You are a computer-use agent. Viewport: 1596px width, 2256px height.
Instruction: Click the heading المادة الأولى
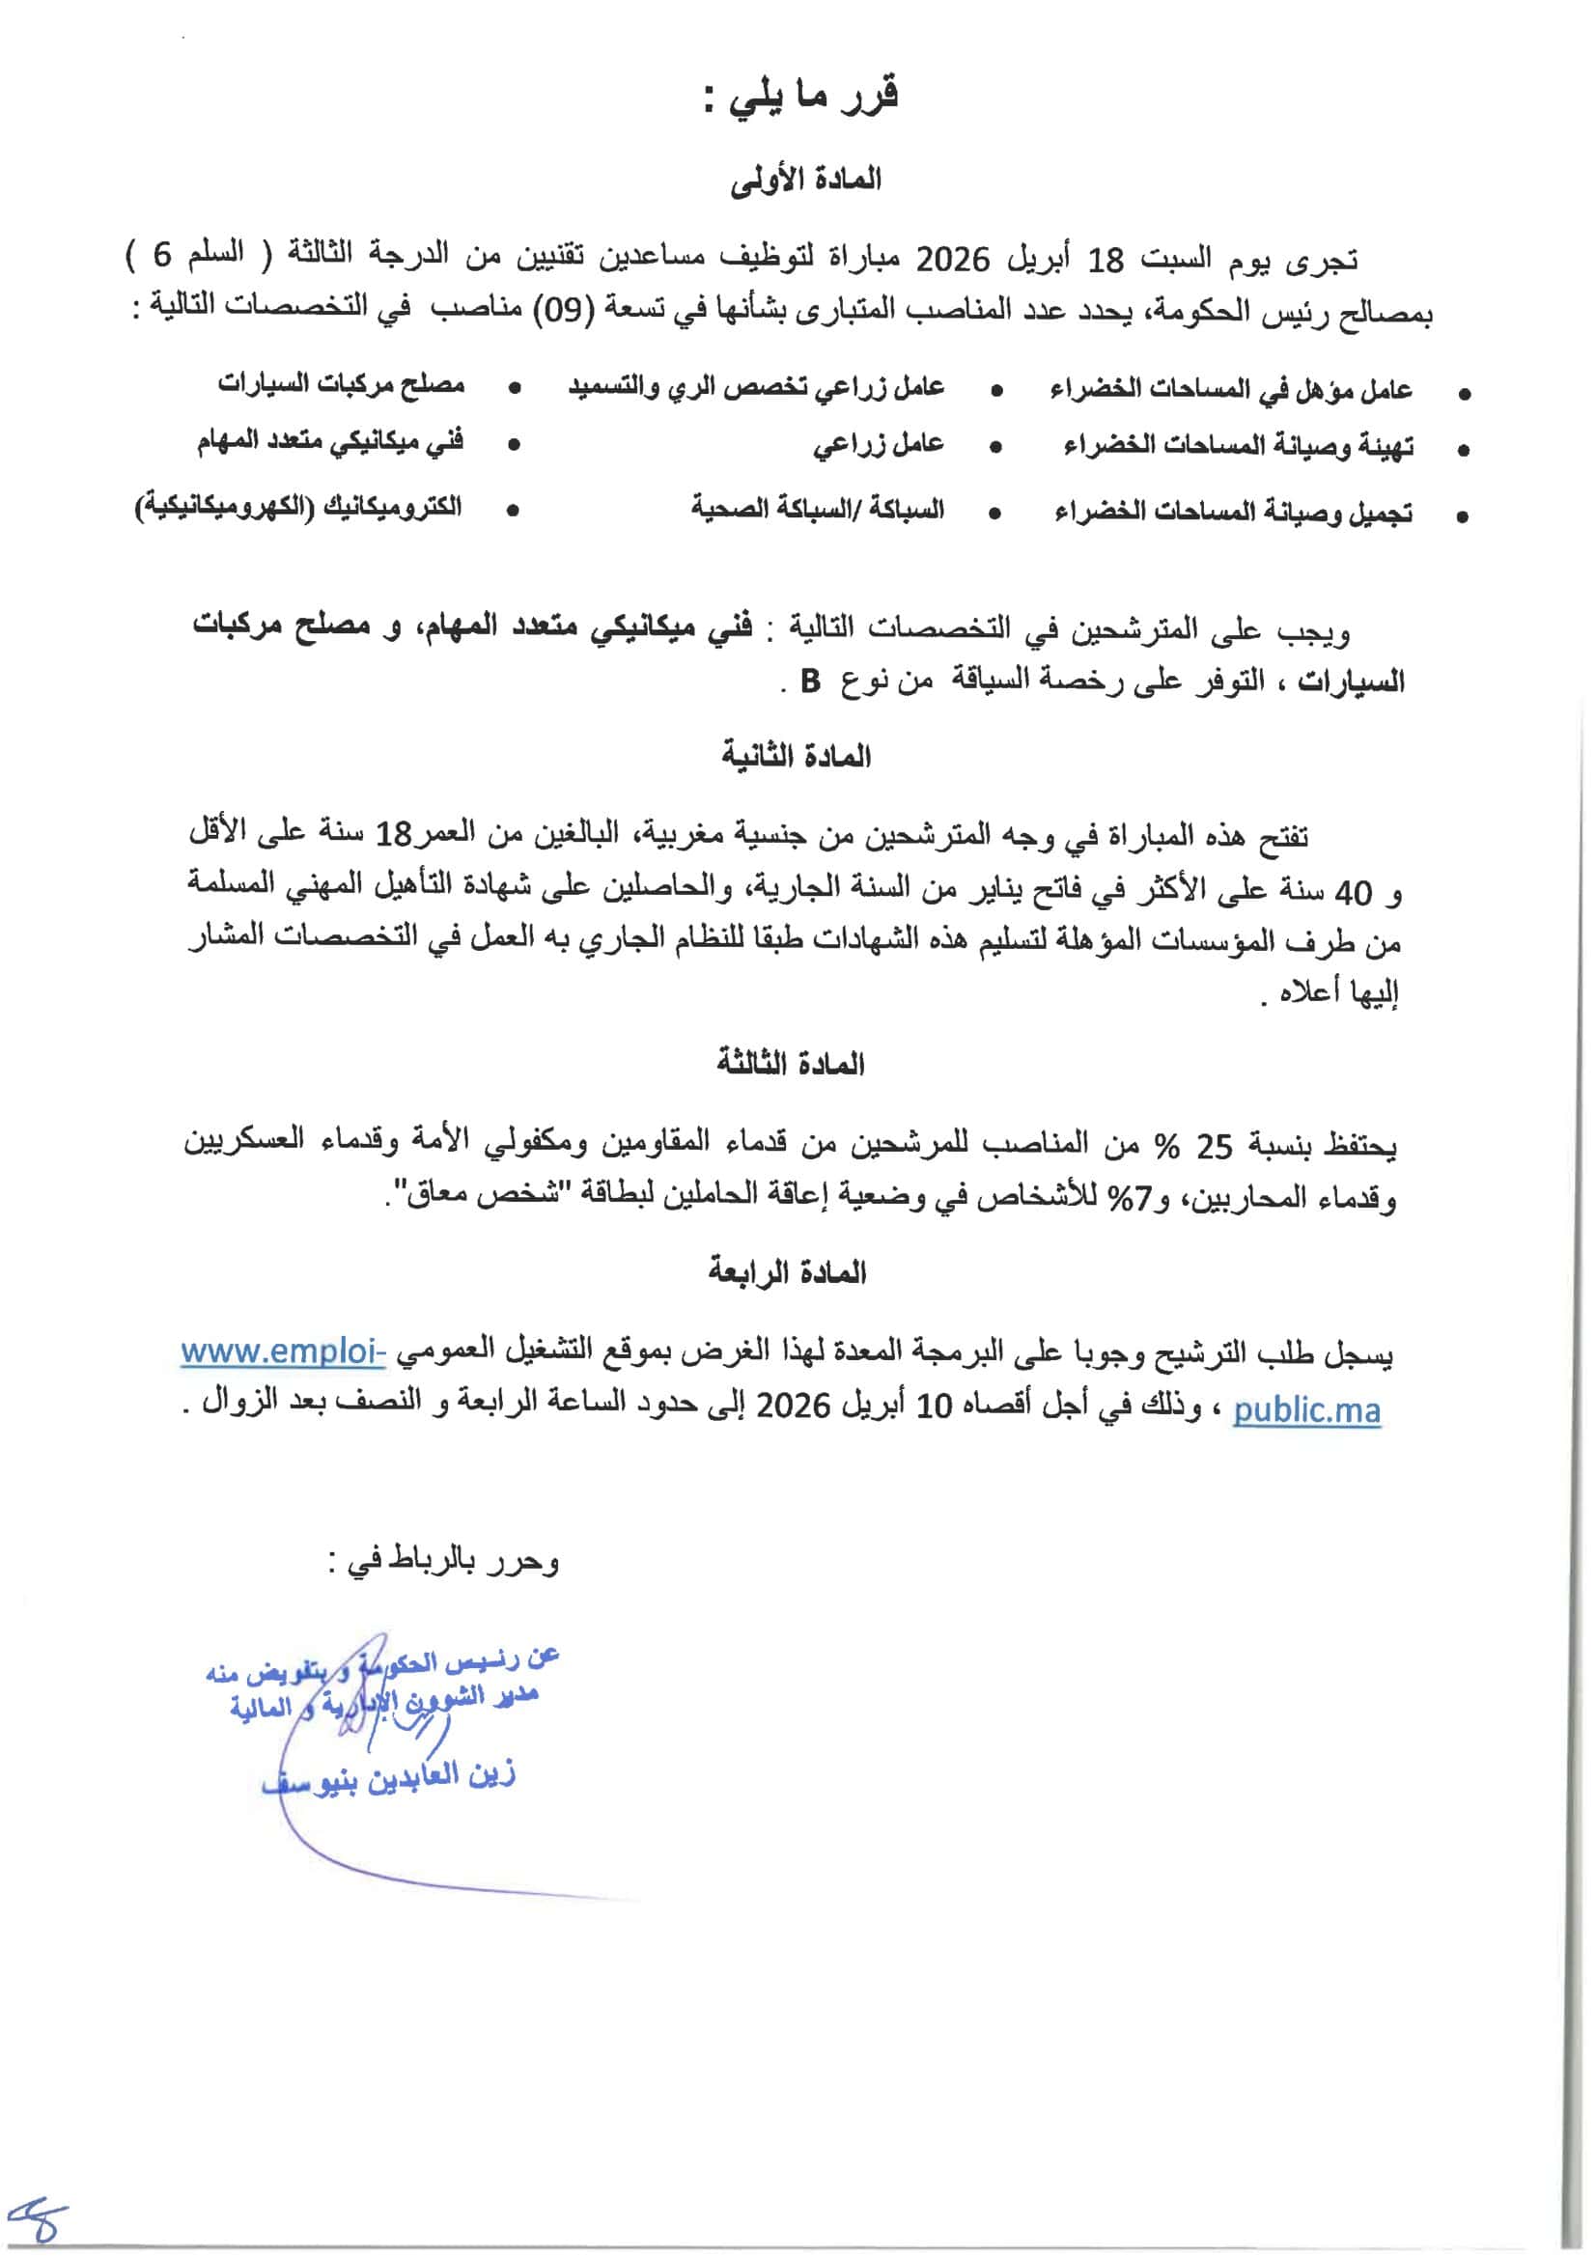click(805, 181)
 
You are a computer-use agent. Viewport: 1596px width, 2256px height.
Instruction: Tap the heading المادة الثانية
click(796, 757)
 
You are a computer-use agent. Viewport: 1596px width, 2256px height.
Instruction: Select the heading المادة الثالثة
click(790, 1064)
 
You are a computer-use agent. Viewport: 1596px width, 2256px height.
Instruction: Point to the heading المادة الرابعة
click(787, 1273)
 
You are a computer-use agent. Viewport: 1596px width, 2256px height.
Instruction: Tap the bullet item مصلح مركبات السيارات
click(341, 383)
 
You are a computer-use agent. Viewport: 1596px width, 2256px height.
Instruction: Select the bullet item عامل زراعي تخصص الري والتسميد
click(756, 387)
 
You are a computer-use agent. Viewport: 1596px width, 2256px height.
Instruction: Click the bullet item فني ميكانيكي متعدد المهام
click(330, 441)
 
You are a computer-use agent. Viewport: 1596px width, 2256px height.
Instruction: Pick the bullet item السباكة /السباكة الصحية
click(817, 509)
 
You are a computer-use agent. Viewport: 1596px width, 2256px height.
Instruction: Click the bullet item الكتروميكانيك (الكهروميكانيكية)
click(298, 508)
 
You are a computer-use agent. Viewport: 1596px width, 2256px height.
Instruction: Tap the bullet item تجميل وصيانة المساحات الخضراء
click(1233, 512)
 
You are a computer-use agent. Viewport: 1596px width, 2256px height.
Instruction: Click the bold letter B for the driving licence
click(810, 681)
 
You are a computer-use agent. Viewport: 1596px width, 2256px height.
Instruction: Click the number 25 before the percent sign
click(1214, 1146)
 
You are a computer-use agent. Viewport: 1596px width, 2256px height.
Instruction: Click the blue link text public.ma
click(1306, 1411)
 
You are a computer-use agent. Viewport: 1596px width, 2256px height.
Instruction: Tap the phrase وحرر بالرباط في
click(443, 1561)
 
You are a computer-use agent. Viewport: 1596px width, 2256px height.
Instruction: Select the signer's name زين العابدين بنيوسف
click(389, 1777)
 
